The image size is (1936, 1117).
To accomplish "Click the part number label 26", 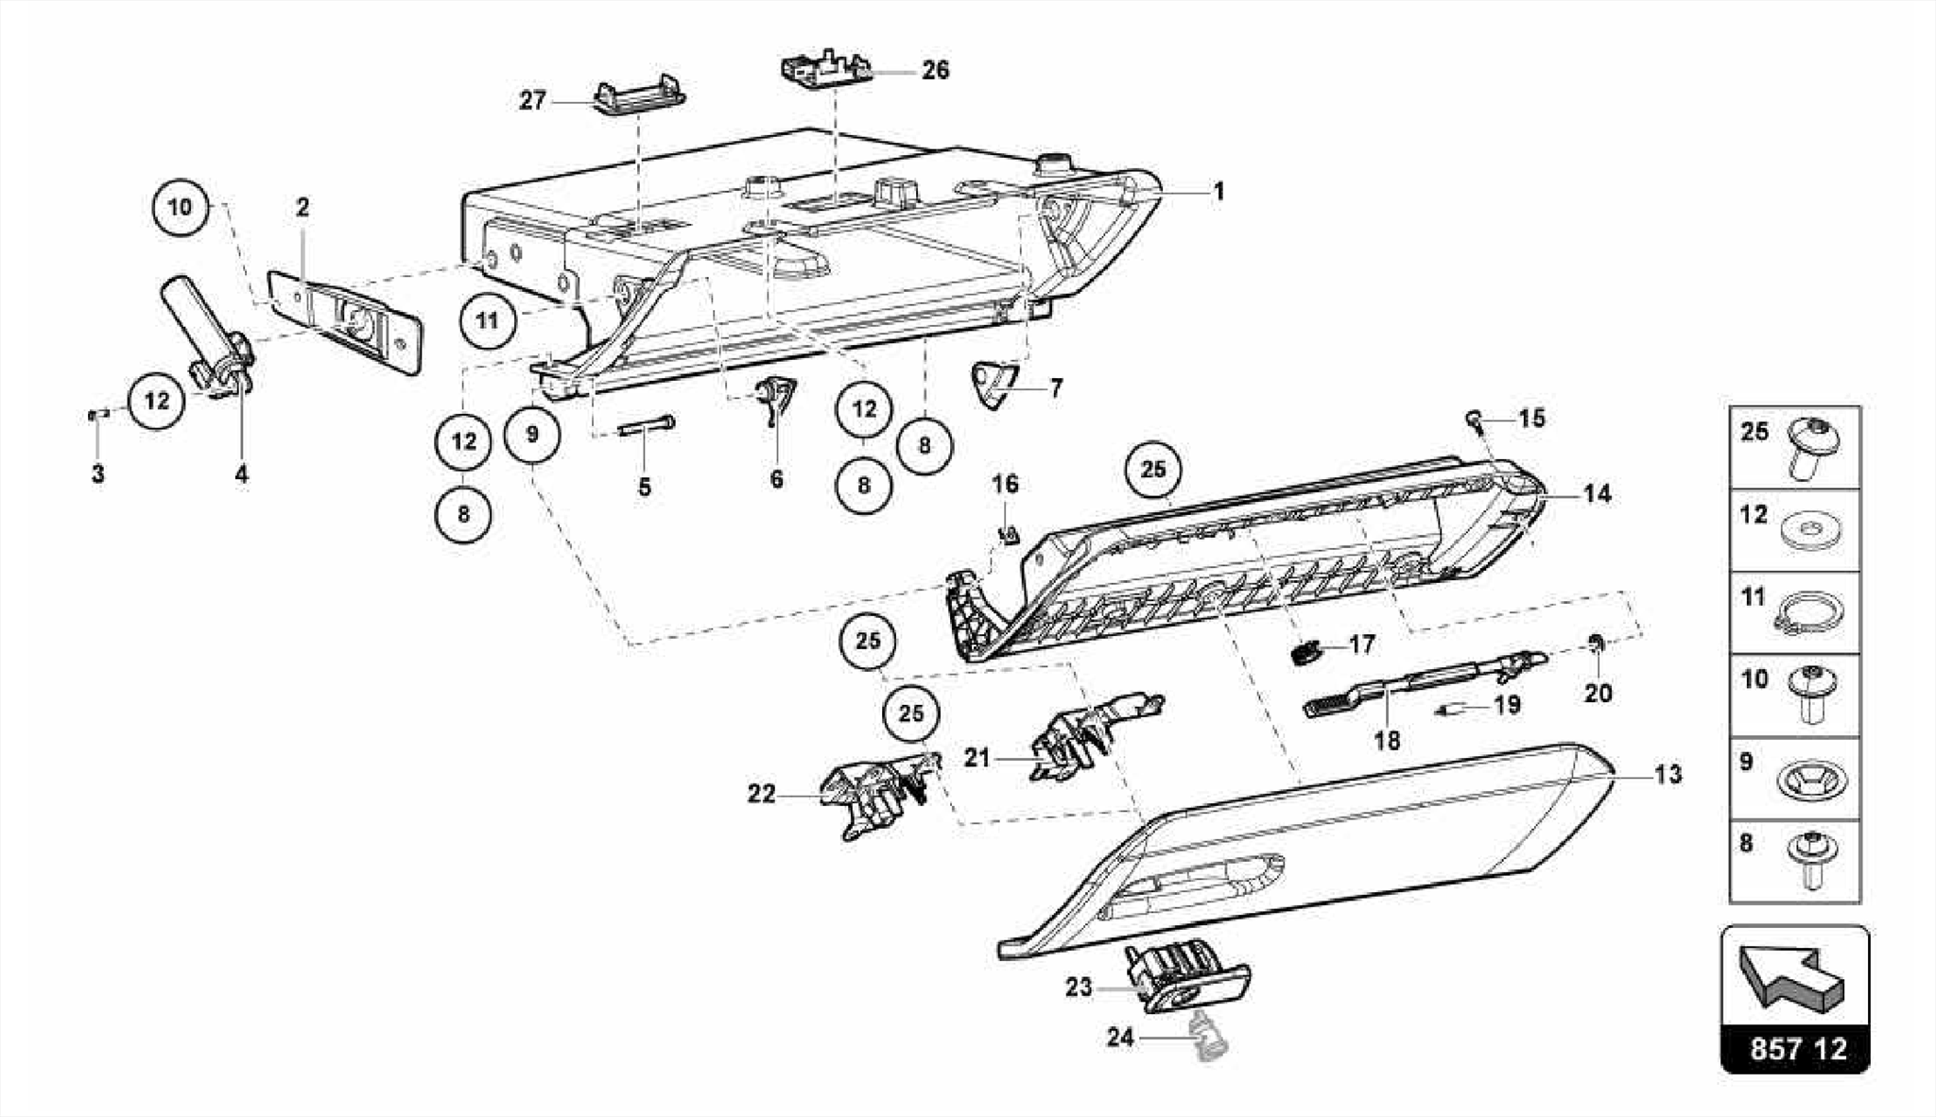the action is coord(935,70).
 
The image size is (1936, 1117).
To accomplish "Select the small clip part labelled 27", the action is coord(640,96).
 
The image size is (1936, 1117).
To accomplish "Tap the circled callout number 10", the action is coord(180,206).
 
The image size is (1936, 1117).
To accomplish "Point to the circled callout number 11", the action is coord(487,320).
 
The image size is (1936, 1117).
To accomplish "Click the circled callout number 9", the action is coord(532,435).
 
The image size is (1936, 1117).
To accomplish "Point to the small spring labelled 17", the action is coord(1305,652).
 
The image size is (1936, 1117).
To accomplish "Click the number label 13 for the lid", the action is coord(1668,775).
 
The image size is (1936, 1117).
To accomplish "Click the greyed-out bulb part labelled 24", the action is coord(1206,1037).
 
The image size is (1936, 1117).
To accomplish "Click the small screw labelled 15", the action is coord(1475,418).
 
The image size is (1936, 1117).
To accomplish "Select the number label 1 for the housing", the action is coord(1219,192).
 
